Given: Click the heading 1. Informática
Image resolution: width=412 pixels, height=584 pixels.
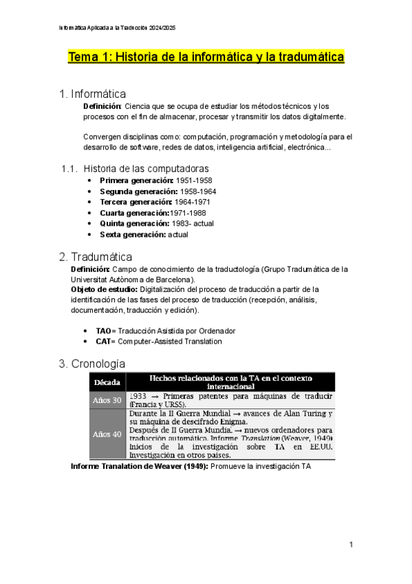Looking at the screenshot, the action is coord(93,94).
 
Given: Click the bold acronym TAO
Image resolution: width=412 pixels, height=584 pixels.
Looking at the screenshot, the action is coord(104,331).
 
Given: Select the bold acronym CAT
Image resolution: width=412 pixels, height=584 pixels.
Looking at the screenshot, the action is coord(104,341).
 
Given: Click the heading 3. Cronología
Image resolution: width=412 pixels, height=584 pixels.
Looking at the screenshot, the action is coord(93,364).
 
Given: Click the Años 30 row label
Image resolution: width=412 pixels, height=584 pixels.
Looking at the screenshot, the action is coord(107,400).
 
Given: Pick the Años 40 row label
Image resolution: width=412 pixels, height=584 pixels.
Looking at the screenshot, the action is coord(107,434).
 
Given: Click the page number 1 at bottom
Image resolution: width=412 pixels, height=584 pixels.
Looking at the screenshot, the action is coord(351,545).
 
